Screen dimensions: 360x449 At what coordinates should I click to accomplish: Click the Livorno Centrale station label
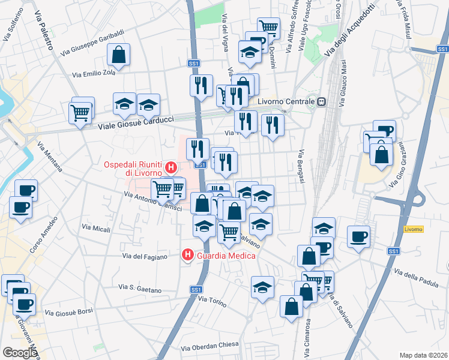tap(286, 102)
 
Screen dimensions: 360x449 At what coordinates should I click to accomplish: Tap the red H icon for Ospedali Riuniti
tap(171, 167)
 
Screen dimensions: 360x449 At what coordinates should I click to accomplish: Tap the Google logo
tap(20, 352)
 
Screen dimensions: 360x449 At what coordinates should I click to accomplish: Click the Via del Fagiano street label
tap(145, 256)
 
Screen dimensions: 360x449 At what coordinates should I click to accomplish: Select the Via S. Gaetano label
tap(140, 289)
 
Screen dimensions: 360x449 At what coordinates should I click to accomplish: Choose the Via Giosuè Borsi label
tap(69, 312)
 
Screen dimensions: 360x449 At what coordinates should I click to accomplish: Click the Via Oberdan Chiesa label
tap(209, 347)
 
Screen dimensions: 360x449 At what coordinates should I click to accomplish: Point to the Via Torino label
tap(210, 299)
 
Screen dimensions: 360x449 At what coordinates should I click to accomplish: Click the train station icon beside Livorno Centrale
tap(322, 102)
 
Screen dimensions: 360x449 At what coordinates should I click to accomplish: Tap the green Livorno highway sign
tap(414, 229)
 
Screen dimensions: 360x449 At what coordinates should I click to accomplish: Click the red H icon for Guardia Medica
tap(188, 256)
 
